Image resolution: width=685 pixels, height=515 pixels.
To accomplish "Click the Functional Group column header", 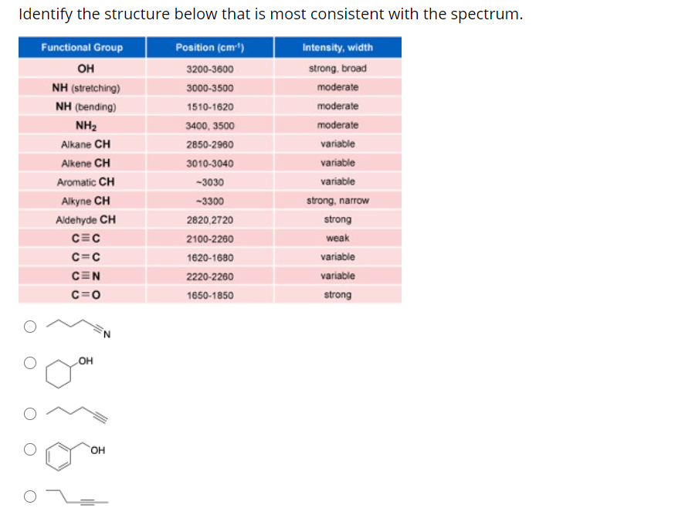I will [82, 48].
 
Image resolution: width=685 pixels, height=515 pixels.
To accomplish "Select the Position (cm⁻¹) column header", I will [210, 48].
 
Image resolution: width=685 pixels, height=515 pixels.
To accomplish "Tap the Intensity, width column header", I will [337, 48].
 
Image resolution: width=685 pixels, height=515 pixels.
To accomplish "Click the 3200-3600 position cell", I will [210, 69].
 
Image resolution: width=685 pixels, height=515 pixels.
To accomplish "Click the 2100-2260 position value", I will [210, 239].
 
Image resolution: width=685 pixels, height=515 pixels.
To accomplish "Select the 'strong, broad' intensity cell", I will [337, 69].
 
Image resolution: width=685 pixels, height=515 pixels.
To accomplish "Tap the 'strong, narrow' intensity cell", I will [337, 201].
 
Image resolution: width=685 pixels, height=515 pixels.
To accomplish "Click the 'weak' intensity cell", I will [337, 239].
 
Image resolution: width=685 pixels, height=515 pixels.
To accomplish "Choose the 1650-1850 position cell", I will [210, 296].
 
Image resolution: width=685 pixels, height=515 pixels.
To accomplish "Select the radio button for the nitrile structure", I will [29, 327].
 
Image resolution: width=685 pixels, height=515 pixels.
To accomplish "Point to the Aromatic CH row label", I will [86, 182].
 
